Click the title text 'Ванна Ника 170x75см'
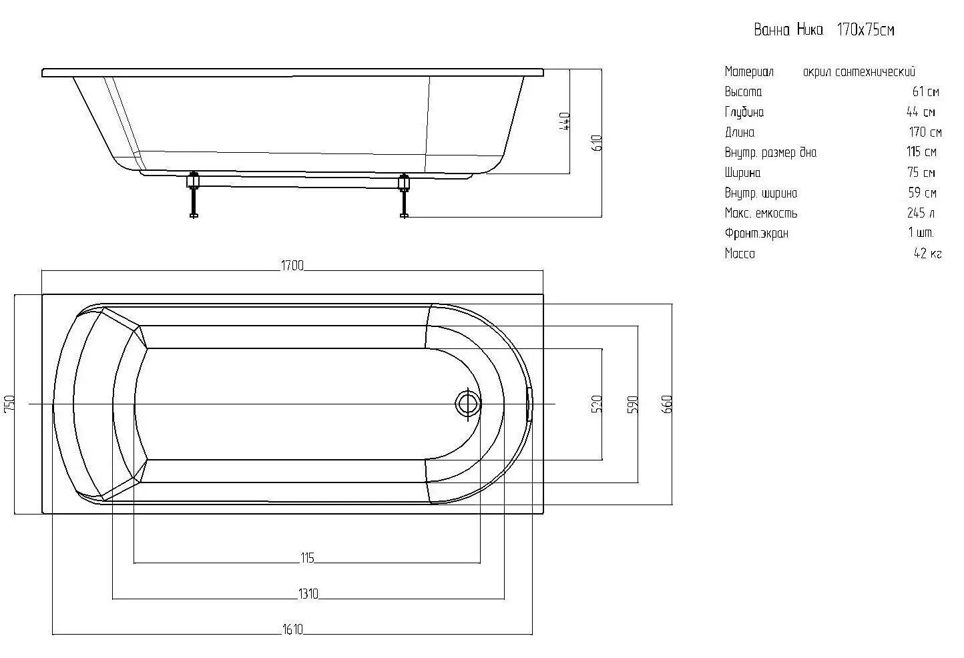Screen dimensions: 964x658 [824, 29]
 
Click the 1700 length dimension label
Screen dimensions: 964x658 [292, 266]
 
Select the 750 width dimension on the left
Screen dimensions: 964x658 [9, 404]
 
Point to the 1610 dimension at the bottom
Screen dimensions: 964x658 [292, 629]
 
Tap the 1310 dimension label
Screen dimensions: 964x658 [308, 593]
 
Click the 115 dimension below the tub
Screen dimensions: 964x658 [307, 558]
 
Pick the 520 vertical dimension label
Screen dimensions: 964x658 [596, 404]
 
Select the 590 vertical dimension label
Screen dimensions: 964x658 [632, 404]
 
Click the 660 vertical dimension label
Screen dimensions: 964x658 [666, 404]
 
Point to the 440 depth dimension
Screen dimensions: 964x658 [564, 121]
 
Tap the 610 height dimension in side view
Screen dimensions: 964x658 [596, 143]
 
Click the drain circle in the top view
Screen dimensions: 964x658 [468, 404]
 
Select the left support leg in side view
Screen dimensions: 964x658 [194, 195]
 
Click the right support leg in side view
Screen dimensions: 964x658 [404, 196]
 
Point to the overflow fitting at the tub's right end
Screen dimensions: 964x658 [530, 404]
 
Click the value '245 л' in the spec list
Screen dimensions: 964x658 [921, 212]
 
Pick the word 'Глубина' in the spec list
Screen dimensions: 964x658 [744, 112]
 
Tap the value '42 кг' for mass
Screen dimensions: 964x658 [928, 253]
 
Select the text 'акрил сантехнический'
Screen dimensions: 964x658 [859, 71]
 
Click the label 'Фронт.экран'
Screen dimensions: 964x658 [756, 233]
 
